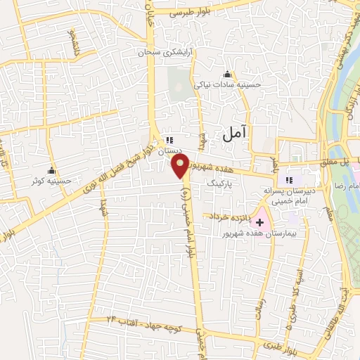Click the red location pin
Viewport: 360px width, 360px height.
pos(181,166)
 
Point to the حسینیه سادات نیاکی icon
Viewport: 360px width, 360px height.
pos(227,75)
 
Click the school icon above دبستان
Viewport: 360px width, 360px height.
pos(169,140)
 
